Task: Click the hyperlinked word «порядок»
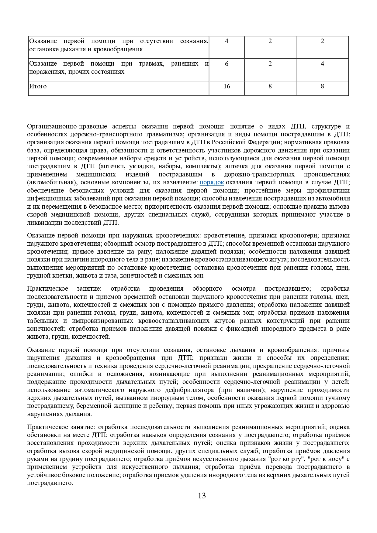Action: coord(212,182)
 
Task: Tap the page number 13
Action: coord(202,496)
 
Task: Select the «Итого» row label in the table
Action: coord(38,86)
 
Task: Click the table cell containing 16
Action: coord(227,86)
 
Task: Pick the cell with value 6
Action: coord(227,64)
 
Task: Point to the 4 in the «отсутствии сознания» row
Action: coord(227,41)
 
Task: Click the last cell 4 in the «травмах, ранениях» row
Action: coord(322,64)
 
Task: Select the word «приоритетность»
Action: coord(169,207)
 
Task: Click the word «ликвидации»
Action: coord(44,223)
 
